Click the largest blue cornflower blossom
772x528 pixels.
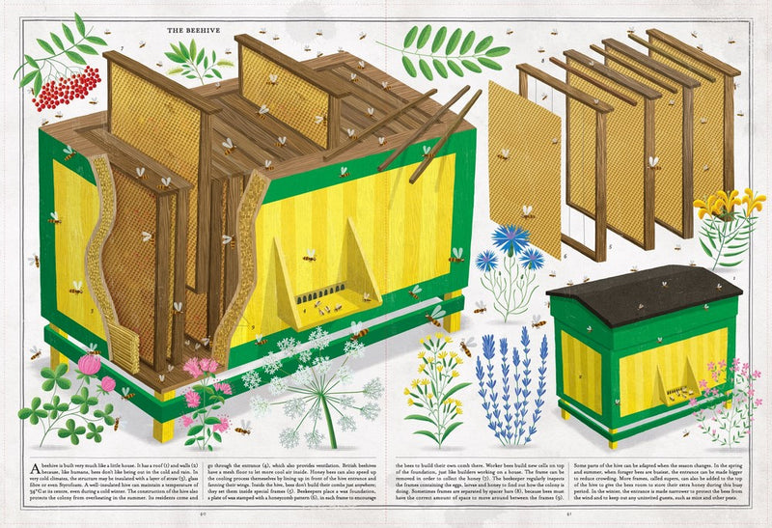(511, 241)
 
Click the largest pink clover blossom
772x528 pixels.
(90, 365)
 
